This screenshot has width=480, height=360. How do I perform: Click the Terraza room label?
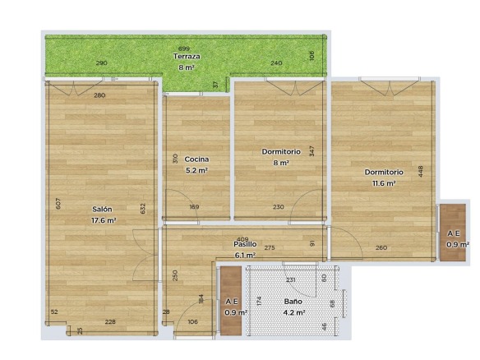click(187, 57)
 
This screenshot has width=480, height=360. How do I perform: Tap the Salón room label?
click(102, 209)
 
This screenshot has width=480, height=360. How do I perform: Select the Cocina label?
click(196, 159)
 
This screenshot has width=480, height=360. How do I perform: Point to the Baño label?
click(293, 301)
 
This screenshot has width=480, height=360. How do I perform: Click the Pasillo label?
click(245, 244)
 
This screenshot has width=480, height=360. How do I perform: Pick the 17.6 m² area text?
click(104, 220)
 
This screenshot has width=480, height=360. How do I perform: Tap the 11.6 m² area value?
click(384, 183)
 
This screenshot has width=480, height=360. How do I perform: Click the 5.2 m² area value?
click(196, 170)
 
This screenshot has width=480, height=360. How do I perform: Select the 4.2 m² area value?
click(293, 312)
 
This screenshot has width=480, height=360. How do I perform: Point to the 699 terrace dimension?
click(184, 48)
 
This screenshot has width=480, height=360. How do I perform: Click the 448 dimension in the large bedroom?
click(420, 172)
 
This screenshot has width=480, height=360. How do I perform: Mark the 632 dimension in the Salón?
click(143, 209)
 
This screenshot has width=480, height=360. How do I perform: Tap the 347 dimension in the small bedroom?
click(312, 151)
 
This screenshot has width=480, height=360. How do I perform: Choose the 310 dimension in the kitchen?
click(175, 159)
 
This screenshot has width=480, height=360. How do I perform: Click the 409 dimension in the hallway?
click(242, 239)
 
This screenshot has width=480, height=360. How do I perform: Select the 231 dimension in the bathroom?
click(291, 279)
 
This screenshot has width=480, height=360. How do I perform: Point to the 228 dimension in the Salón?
click(110, 321)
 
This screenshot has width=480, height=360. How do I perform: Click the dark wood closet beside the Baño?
click(231, 301)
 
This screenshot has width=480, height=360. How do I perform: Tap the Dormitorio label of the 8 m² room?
click(281, 151)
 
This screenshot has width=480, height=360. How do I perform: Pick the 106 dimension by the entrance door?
click(192, 321)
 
